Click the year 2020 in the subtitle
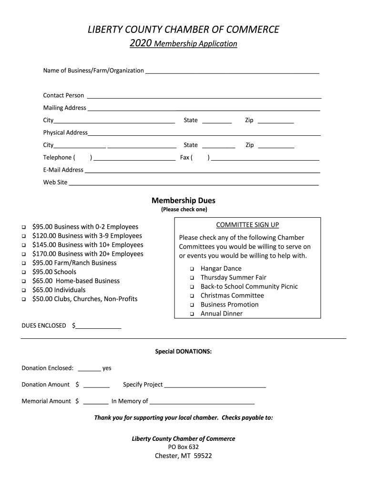[x=141, y=44]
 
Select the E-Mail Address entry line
[x=202, y=171]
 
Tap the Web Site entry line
[x=194, y=183]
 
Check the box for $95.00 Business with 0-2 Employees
[x=23, y=227]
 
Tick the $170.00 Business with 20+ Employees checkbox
[x=23, y=254]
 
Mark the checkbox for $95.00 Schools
[x=23, y=273]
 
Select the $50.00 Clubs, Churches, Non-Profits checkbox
[x=23, y=300]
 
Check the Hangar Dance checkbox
[x=192, y=269]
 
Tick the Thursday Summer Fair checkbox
[x=192, y=278]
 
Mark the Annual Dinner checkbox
[x=192, y=315]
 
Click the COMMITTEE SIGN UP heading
[x=247, y=225]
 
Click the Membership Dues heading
[x=183, y=201]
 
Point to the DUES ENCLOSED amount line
[x=99, y=327]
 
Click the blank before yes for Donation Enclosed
[x=89, y=369]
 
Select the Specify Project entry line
[x=215, y=386]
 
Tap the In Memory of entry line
[x=202, y=403]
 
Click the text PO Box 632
[x=183, y=447]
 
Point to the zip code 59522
[x=203, y=456]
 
